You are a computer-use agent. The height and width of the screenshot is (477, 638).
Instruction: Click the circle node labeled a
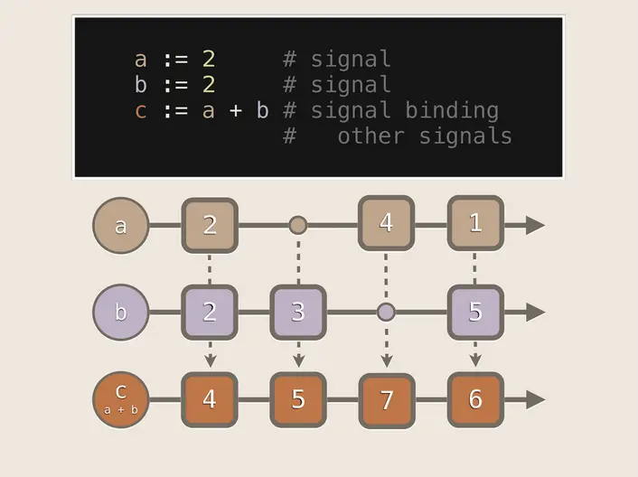click(120, 225)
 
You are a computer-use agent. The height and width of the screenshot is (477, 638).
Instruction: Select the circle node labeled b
click(120, 313)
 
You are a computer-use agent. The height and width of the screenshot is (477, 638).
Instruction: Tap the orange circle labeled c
click(120, 399)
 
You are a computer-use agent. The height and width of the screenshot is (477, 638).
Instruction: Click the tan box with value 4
click(386, 223)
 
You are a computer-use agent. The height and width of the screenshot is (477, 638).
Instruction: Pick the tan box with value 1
click(474, 223)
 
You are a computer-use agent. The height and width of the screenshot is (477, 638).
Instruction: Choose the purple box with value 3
click(298, 313)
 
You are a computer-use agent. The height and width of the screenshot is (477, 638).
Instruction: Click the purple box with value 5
click(474, 313)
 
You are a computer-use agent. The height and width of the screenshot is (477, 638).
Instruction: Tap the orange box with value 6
click(474, 399)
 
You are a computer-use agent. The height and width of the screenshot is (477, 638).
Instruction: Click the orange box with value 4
click(210, 399)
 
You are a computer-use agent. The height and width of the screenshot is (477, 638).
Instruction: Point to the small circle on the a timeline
click(298, 225)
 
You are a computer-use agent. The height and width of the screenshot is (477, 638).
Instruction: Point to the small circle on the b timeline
click(386, 313)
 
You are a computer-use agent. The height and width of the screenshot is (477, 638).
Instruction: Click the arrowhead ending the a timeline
click(535, 225)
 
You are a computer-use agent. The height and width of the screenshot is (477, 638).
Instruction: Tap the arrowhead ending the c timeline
click(535, 399)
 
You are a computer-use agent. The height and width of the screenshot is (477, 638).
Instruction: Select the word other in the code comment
click(371, 136)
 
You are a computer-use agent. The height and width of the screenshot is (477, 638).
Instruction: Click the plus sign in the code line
click(235, 111)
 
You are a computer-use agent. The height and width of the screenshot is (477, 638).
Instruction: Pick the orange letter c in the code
click(140, 111)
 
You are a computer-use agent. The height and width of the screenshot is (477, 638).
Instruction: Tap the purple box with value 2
click(210, 313)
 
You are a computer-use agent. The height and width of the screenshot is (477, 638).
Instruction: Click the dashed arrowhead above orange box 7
click(386, 360)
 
